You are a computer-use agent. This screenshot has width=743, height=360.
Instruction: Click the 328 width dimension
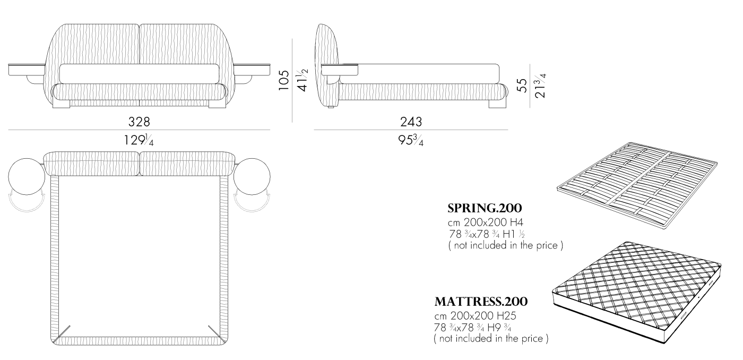click(x=139, y=122)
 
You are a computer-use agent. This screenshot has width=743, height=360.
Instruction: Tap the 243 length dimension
click(x=411, y=122)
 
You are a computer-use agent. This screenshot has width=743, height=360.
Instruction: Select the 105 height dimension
click(x=283, y=80)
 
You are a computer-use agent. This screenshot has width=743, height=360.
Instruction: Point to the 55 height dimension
click(x=522, y=85)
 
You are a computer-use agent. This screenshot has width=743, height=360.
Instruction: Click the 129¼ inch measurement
click(x=139, y=140)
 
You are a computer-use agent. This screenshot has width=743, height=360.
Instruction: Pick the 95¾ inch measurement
click(x=411, y=140)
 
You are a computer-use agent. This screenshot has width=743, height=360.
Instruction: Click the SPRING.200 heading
click(x=485, y=208)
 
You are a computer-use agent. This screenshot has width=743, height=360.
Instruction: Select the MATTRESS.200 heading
click(x=481, y=302)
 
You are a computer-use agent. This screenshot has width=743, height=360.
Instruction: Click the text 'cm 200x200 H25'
click(x=476, y=315)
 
